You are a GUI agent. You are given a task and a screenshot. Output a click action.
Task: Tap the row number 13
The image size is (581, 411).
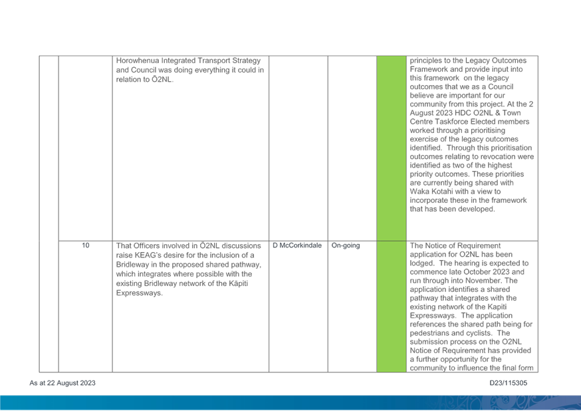click(x=86, y=245)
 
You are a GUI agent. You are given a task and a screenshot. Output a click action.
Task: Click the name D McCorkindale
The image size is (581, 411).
click(x=297, y=245)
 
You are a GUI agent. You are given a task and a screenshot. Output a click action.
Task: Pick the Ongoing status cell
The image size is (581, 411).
click(x=345, y=245)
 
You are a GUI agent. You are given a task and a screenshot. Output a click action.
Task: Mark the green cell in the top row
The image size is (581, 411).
click(x=391, y=146)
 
